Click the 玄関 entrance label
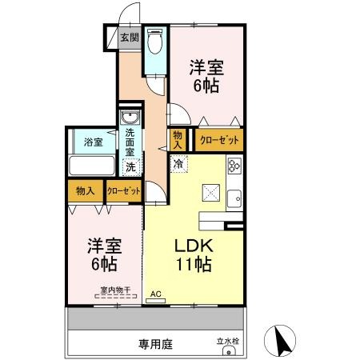click(x=130, y=38)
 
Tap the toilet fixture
click(x=155, y=41)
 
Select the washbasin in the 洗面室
click(x=130, y=117)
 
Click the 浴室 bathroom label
click(x=94, y=142)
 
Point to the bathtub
click(x=92, y=166)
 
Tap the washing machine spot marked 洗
click(x=130, y=167)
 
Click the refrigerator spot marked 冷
click(x=179, y=164)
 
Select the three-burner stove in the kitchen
click(x=234, y=166)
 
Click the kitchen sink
click(x=234, y=198)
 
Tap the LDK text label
click(x=194, y=246)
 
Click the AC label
click(x=156, y=294)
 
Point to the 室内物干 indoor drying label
click(x=115, y=290)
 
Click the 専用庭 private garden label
click(x=156, y=344)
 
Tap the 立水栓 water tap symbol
click(x=229, y=352)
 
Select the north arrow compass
click(x=280, y=341)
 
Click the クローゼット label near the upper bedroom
click(x=219, y=140)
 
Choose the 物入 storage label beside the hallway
click(x=178, y=140)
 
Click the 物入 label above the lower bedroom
click(x=85, y=191)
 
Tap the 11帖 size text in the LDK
click(x=194, y=265)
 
